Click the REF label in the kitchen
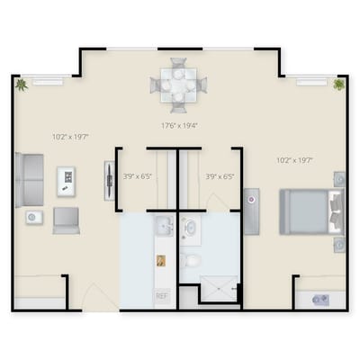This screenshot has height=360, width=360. point(162,295)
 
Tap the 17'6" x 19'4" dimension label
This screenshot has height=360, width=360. point(180,125)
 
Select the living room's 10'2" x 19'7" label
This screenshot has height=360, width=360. point(68,138)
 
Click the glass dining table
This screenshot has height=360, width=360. point(178,85)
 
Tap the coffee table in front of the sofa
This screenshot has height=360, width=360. point(67,181)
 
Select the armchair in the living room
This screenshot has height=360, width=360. point(66,220)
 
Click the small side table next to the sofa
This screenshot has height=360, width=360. point(32,217)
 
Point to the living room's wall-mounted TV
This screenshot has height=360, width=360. point(100,181)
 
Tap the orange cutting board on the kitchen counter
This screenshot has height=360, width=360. point(160,260)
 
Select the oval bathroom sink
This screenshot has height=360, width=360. point(192,229)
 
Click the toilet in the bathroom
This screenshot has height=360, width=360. point(191,260)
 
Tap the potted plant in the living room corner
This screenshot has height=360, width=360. point(21,85)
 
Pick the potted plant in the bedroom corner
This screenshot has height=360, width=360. point(338,85)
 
